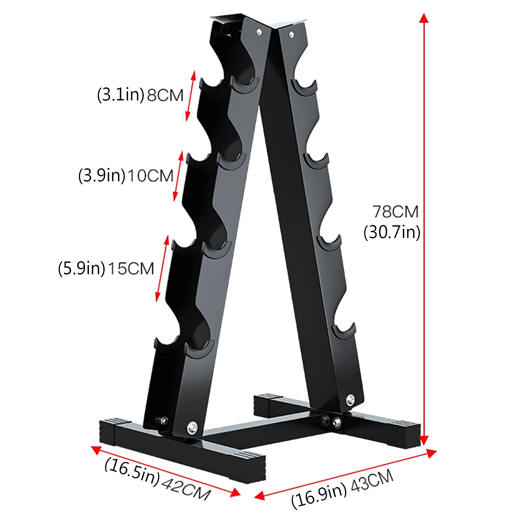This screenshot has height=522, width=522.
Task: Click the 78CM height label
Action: (395, 212)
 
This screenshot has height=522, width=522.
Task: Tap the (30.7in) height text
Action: (392, 232)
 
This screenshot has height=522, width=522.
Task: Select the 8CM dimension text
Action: (165, 96)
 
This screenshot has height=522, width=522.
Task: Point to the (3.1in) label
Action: (121, 95)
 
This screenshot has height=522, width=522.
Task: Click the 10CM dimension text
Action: (150, 176)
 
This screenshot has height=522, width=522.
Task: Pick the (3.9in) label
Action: (102, 176)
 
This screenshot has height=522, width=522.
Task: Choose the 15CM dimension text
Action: (130, 269)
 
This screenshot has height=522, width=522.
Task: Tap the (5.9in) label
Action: (82, 269)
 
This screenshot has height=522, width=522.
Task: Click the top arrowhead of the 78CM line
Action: (424, 18)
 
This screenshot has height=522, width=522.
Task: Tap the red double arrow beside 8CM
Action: (190, 96)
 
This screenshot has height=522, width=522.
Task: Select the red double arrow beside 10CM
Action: (178, 176)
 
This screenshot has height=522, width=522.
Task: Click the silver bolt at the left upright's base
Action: (192, 426)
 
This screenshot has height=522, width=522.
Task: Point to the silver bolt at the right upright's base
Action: (350, 398)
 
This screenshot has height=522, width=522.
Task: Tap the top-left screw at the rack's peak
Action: (259, 31)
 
